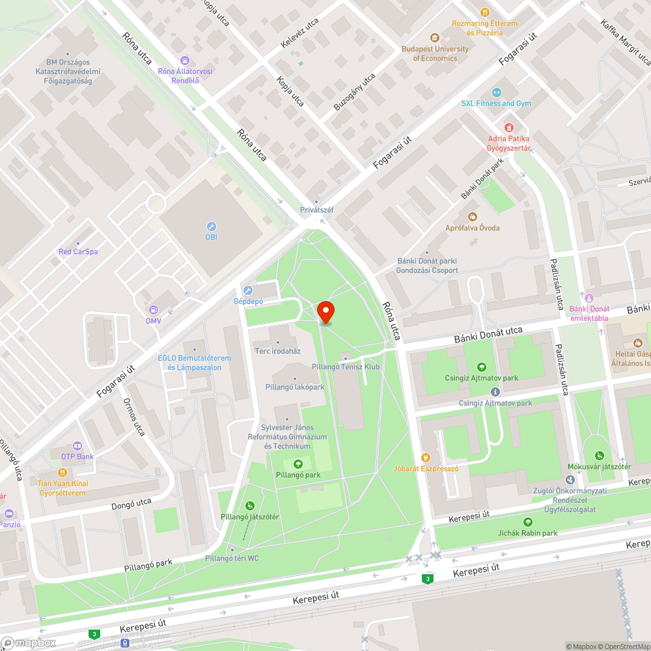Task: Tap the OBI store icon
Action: (211, 226)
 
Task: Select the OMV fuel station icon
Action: (154, 310)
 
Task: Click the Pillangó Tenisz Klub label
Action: (346, 367)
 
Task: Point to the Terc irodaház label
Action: (277, 350)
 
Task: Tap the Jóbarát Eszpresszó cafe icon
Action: (426, 457)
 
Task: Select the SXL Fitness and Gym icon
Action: (497, 92)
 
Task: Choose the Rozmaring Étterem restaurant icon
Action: (484, 12)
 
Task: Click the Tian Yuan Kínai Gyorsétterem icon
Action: (62, 473)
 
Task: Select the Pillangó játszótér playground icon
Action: (250, 505)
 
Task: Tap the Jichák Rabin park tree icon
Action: (527, 522)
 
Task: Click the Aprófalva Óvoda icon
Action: (473, 216)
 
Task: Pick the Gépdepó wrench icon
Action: (247, 290)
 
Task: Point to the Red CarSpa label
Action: (78, 251)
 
